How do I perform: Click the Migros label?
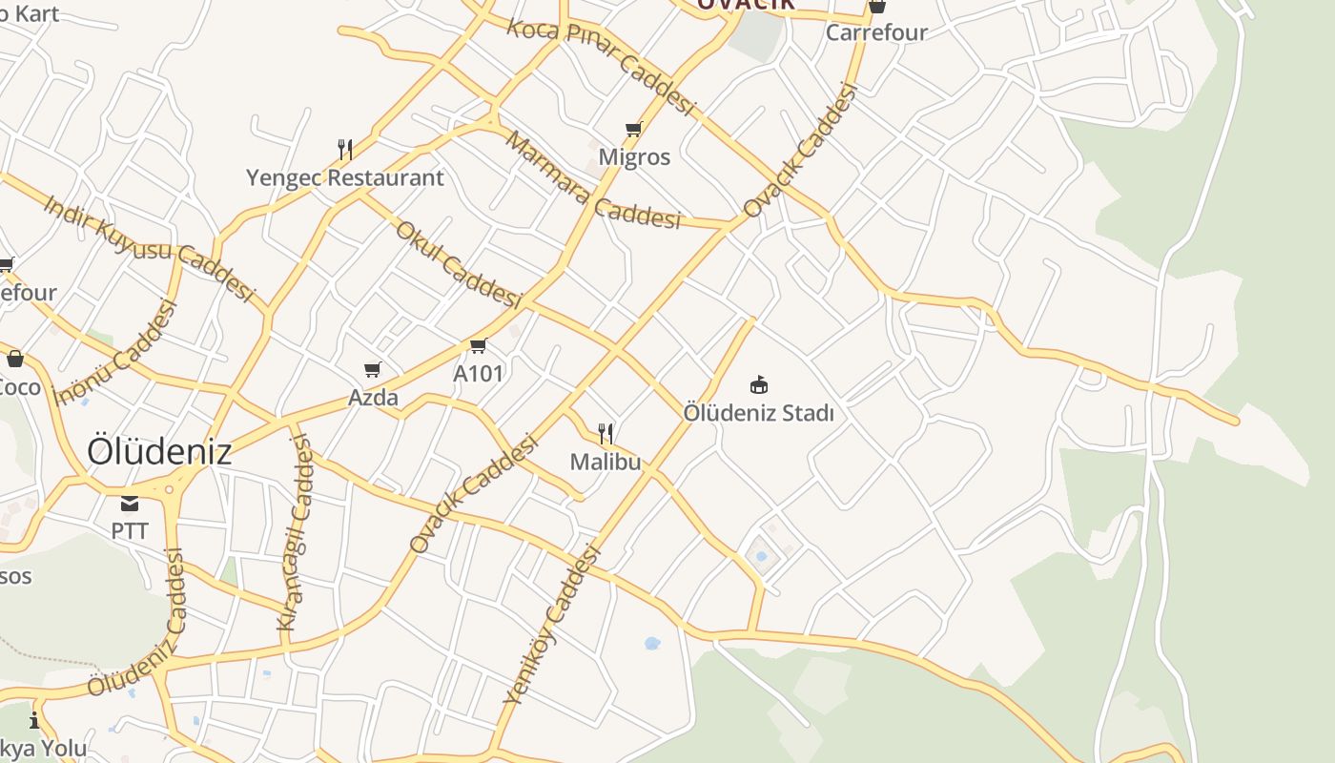click(x=634, y=156)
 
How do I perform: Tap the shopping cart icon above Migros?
click(x=634, y=129)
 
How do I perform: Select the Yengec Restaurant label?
click(x=344, y=177)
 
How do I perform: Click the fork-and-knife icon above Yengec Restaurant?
click(x=345, y=149)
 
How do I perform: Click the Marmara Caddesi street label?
click(x=593, y=182)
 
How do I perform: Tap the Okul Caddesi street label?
click(x=459, y=265)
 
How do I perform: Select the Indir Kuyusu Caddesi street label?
click(x=150, y=249)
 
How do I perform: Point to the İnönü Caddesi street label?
click(x=116, y=352)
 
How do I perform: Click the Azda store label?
click(x=373, y=397)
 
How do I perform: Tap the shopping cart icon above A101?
click(x=478, y=345)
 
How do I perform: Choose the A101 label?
click(x=478, y=373)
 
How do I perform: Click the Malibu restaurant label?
click(x=606, y=462)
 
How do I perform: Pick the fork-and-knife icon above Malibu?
click(x=606, y=434)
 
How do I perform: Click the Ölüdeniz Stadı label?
click(x=759, y=413)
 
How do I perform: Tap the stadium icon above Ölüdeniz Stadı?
click(x=759, y=385)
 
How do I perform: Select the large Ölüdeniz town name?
click(x=159, y=451)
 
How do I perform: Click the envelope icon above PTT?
click(x=130, y=504)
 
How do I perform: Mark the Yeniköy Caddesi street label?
click(x=553, y=624)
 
